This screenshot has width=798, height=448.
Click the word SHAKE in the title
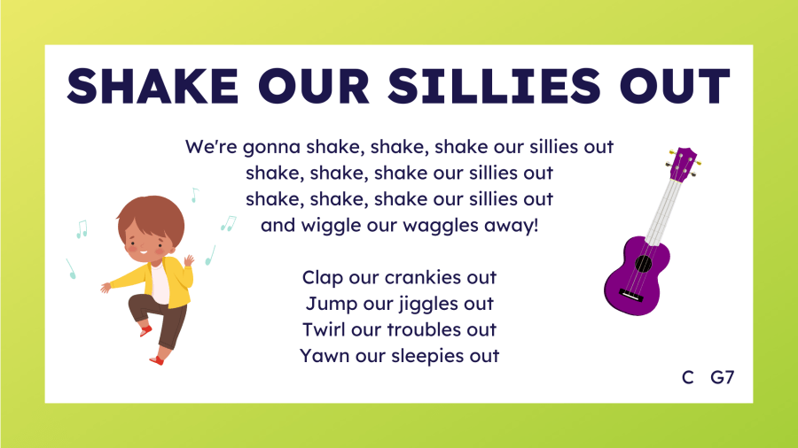pos(153,86)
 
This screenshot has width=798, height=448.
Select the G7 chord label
pos(722,377)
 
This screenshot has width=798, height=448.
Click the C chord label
pos(687,377)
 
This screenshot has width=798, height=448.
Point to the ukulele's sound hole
pos(644,264)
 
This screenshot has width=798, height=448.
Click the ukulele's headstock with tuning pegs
pos(683,164)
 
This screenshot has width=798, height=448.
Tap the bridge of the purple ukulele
pos(630,295)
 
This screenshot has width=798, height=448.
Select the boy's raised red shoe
pos(145,331)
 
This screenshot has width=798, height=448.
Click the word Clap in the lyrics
pos(323,278)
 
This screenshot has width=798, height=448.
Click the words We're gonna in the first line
pos(243,147)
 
